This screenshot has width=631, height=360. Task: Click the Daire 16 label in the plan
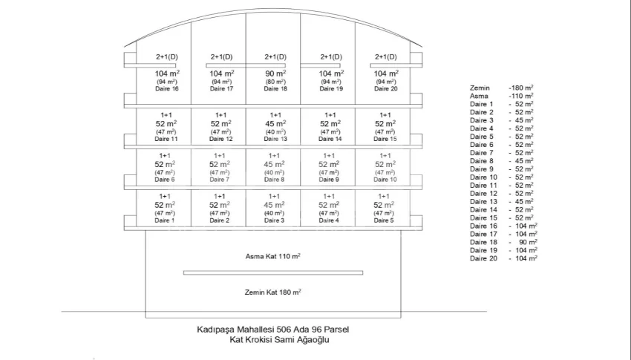pyautogui.click(x=166, y=89)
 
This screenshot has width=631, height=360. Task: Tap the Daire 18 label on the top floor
pyautogui.click(x=275, y=89)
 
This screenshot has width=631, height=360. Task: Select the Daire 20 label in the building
pyautogui.click(x=385, y=89)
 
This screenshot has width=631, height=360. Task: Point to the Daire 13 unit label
pyautogui.click(x=275, y=139)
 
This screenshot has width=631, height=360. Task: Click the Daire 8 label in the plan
pyautogui.click(x=275, y=180)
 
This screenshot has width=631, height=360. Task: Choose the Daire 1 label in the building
pyautogui.click(x=165, y=220)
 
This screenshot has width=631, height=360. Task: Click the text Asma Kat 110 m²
pyautogui.click(x=273, y=256)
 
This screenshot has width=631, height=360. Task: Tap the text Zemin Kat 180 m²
pyautogui.click(x=273, y=292)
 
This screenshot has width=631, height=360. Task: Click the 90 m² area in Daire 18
pyautogui.click(x=275, y=74)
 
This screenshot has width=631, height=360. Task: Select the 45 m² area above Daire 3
pyautogui.click(x=275, y=205)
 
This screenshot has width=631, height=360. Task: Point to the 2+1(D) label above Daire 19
pyautogui.click(x=330, y=57)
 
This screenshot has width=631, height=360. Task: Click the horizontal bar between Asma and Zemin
pyautogui.click(x=273, y=273)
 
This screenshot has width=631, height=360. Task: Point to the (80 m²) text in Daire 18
pyautogui.click(x=275, y=82)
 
